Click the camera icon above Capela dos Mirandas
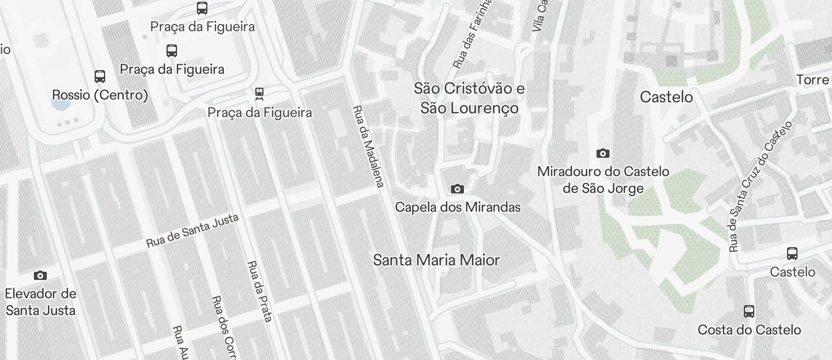pyautogui.click(x=457, y=189)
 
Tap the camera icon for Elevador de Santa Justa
pyautogui.click(x=40, y=275)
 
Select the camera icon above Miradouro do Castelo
pyautogui.click(x=603, y=154)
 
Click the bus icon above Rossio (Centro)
pyautogui.click(x=100, y=77)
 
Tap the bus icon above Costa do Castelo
pyautogui.click(x=749, y=311)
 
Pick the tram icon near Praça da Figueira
pyautogui.click(x=259, y=93)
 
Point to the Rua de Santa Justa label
pyautogui.click(x=192, y=230)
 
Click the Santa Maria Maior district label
pyautogui.click(x=436, y=260)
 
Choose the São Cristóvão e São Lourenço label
pyautogui.click(x=469, y=98)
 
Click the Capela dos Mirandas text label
pyautogui.click(x=457, y=207)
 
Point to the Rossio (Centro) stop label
pyautogui.click(x=100, y=95)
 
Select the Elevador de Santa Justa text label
pyautogui.click(x=40, y=302)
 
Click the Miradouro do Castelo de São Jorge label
pyautogui.click(x=603, y=180)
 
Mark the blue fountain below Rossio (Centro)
pyautogui.click(x=60, y=105)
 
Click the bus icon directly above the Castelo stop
pyautogui.click(x=792, y=254)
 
